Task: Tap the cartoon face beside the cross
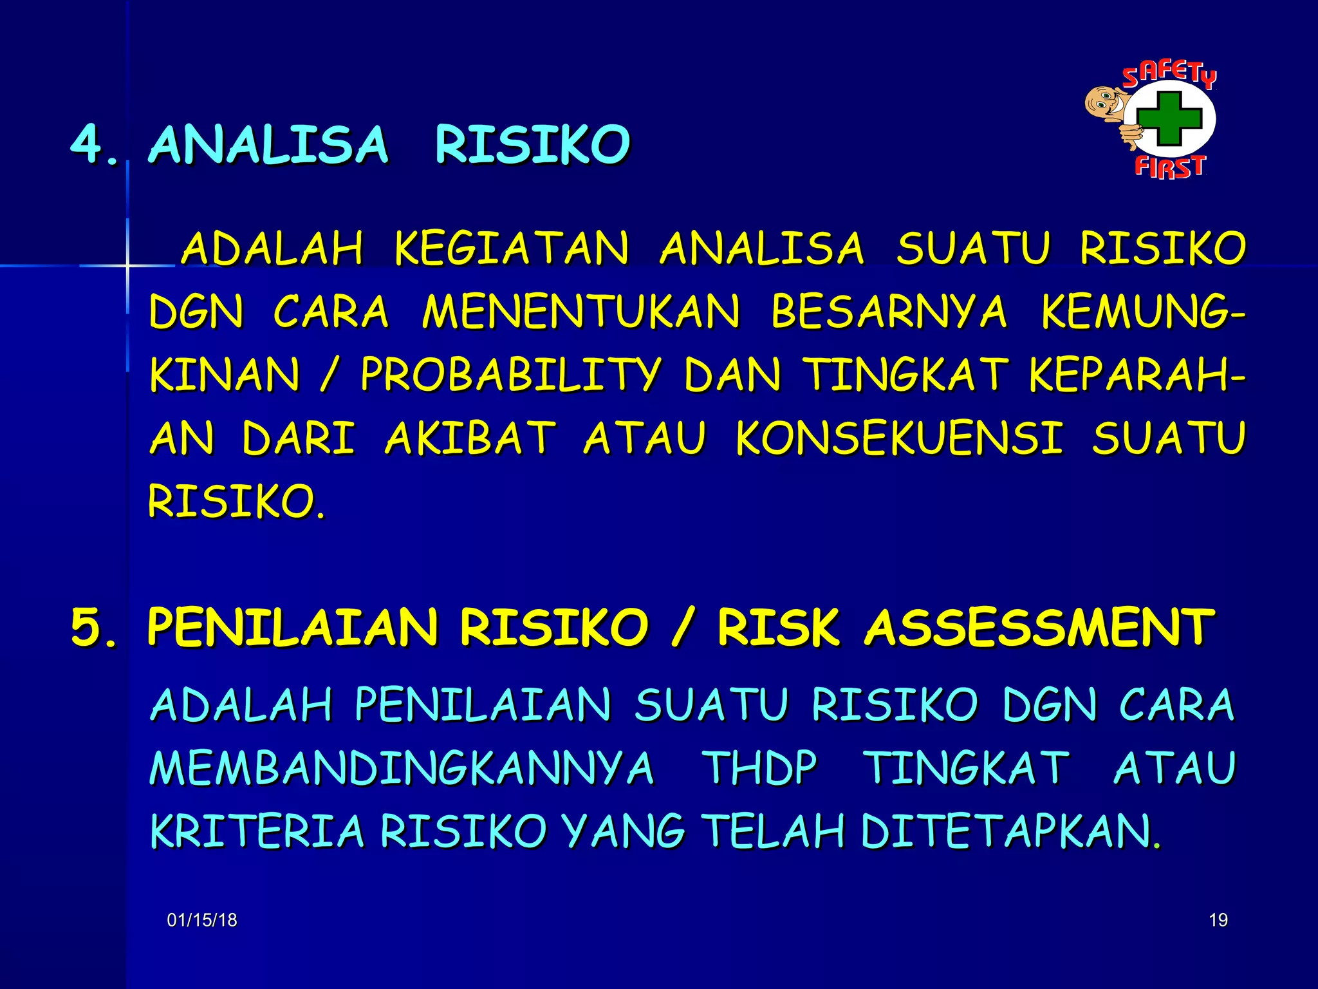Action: coord(1105,102)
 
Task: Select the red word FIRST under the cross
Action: coord(1169,167)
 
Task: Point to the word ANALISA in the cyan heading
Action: coord(269,144)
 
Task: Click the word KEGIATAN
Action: coord(512,249)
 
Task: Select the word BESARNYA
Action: coord(889,312)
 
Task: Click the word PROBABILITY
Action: coord(511,375)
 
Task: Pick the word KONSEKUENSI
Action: coord(898,438)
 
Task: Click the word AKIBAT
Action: coord(470,438)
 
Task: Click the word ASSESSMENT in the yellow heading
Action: coord(1039,627)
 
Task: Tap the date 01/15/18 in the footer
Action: coord(202,920)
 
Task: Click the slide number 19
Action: coord(1218,920)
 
